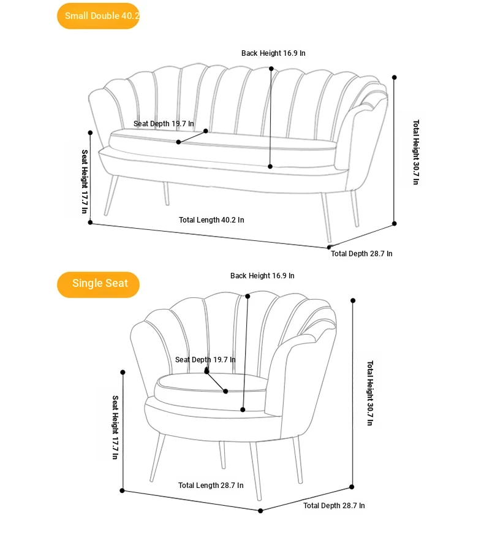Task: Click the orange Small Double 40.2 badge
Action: pyautogui.click(x=98, y=16)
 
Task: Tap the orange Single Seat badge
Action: pyautogui.click(x=98, y=284)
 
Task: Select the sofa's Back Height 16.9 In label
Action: pyautogui.click(x=273, y=53)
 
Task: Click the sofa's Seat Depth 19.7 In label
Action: pyautogui.click(x=164, y=124)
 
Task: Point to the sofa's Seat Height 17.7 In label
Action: pyautogui.click(x=85, y=181)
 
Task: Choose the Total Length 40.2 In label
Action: pyautogui.click(x=211, y=220)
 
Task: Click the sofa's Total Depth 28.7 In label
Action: pyautogui.click(x=361, y=254)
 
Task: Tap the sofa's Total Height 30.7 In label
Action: pyautogui.click(x=416, y=152)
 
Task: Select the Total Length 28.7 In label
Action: pyautogui.click(x=211, y=485)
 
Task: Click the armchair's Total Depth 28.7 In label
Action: pyautogui.click(x=334, y=505)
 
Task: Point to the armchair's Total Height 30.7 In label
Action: pyautogui.click(x=370, y=393)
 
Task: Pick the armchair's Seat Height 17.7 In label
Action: pyautogui.click(x=115, y=427)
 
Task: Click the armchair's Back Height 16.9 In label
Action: pyautogui.click(x=262, y=276)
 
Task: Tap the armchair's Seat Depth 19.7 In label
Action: pyautogui.click(x=205, y=360)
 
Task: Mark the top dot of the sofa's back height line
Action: pyautogui.click(x=271, y=69)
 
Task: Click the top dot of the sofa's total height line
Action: pyautogui.click(x=395, y=77)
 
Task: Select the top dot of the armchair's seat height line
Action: pyautogui.click(x=123, y=372)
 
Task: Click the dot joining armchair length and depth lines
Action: pyautogui.click(x=260, y=511)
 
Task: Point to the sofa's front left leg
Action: pyautogui.click(x=111, y=196)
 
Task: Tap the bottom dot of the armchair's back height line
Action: pyautogui.click(x=243, y=410)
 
